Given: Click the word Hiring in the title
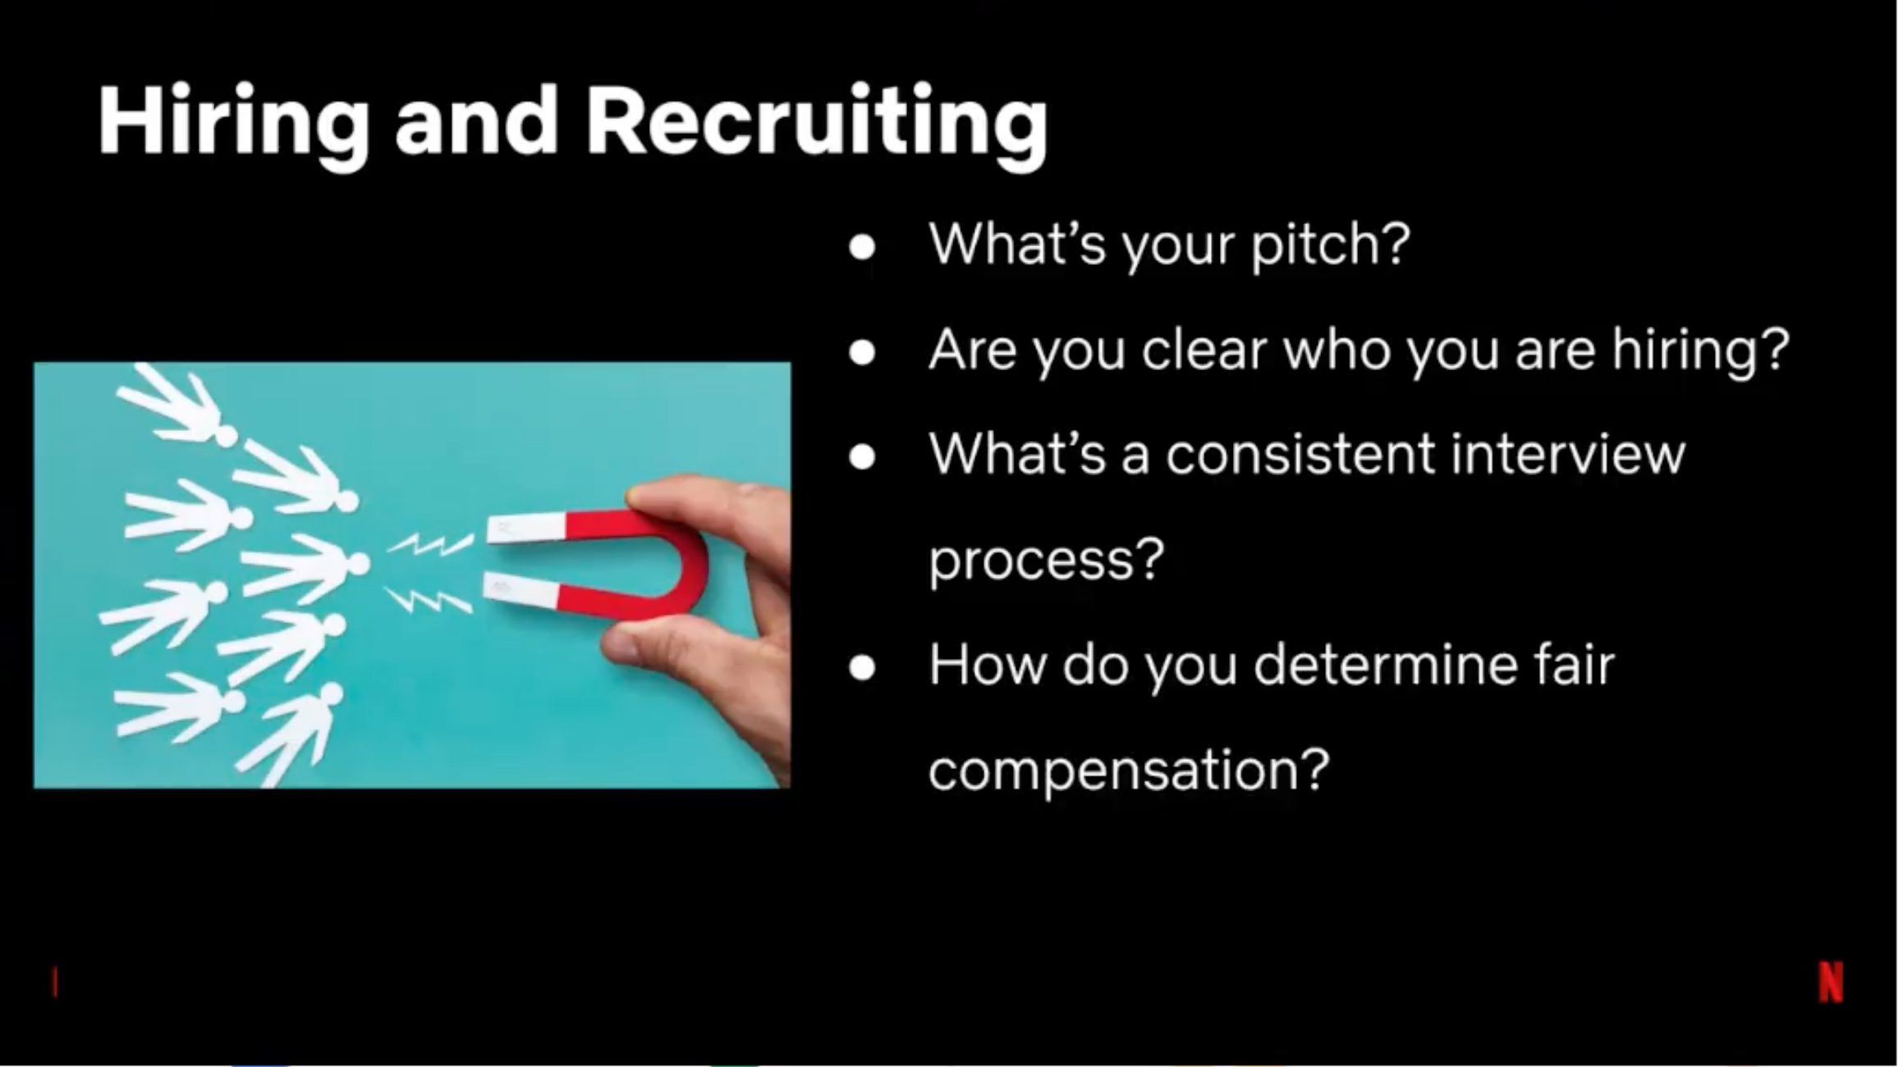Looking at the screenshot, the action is (233, 123).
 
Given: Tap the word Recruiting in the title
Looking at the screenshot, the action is (817, 123).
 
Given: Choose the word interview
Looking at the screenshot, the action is (1568, 454).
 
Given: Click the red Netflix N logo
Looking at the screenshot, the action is (1831, 982).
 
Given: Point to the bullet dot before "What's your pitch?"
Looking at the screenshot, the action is (862, 247).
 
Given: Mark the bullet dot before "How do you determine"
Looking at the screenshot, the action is (862, 667).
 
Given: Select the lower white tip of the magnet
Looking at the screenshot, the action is (520, 590).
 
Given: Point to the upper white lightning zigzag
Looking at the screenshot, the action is (429, 543).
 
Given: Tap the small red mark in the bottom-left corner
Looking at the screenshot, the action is (55, 982).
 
